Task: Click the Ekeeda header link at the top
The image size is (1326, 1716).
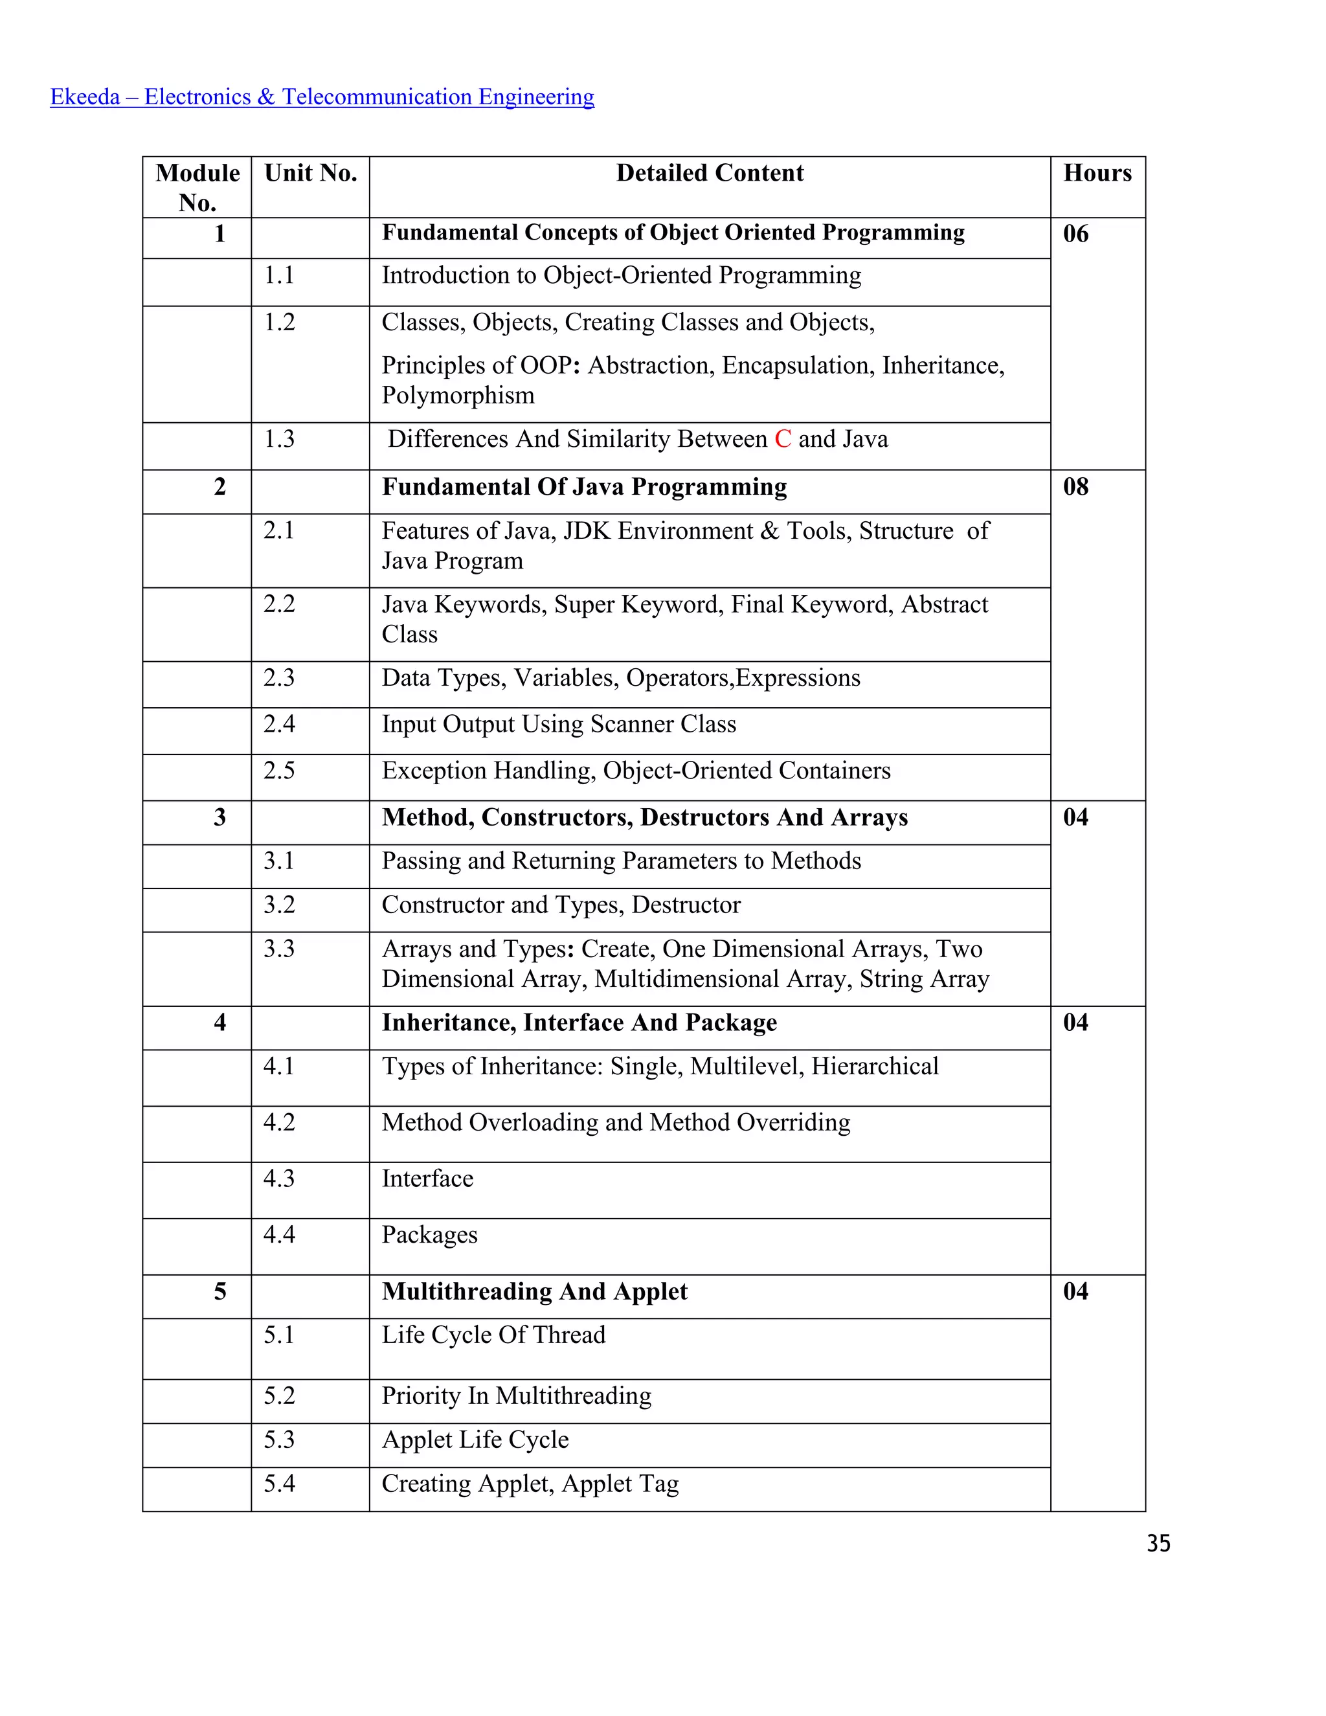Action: (322, 96)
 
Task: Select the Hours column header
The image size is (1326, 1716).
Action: (1097, 173)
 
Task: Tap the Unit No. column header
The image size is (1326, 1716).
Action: (310, 173)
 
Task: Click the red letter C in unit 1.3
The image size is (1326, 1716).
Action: (782, 438)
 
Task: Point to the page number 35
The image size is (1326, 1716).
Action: (1158, 1543)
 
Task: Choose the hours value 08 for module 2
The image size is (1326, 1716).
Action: (1075, 486)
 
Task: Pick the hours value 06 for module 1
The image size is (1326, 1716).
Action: (1075, 233)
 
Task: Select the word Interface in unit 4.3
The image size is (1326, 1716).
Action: (427, 1178)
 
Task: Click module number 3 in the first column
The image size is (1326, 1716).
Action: (220, 817)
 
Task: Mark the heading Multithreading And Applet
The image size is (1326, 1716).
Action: (534, 1291)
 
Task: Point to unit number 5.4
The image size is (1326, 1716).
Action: (279, 1483)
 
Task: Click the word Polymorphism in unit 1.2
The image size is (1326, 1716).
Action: (458, 395)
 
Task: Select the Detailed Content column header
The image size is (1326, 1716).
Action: (710, 173)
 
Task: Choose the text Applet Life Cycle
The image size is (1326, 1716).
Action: (475, 1439)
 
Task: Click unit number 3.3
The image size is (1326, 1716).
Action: (279, 949)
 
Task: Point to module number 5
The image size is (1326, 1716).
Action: (220, 1291)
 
